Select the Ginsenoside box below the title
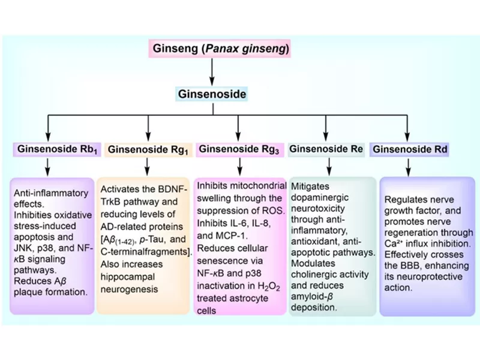(x=212, y=94)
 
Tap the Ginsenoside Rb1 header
(x=57, y=148)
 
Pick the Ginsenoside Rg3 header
(x=239, y=148)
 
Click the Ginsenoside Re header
(x=326, y=148)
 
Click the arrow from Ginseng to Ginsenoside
(x=212, y=71)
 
